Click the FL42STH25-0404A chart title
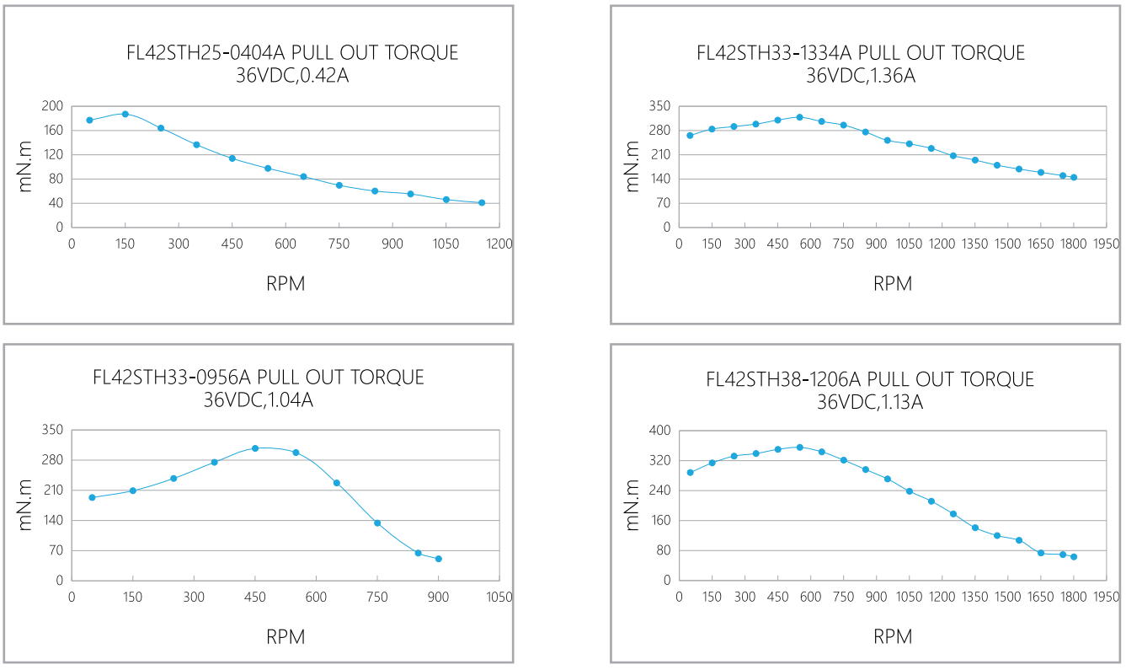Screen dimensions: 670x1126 pyautogui.click(x=291, y=53)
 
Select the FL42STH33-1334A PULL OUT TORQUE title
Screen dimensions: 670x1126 pyautogui.click(x=861, y=53)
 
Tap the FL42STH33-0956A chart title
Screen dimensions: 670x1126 pyautogui.click(x=259, y=377)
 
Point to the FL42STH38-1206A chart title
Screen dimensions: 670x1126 pyautogui.click(x=870, y=379)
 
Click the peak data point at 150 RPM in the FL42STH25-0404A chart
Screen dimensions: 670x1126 pyautogui.click(x=125, y=114)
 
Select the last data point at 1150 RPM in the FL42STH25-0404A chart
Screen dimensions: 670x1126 pyautogui.click(x=482, y=202)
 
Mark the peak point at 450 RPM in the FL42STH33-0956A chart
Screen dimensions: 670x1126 pyautogui.click(x=255, y=448)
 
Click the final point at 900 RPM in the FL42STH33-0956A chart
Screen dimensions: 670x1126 pyautogui.click(x=439, y=559)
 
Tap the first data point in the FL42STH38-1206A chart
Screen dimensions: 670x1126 pyautogui.click(x=691, y=472)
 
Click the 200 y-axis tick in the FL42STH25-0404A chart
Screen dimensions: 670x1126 pyautogui.click(x=53, y=106)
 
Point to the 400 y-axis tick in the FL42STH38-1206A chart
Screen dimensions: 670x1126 pyautogui.click(x=659, y=431)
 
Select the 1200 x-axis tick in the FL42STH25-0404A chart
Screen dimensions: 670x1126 pyautogui.click(x=499, y=244)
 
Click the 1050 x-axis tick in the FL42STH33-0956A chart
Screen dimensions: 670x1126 pyautogui.click(x=499, y=598)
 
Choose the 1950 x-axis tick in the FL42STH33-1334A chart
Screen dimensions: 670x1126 pyautogui.click(x=1106, y=244)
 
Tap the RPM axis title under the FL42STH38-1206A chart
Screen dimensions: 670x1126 pyautogui.click(x=893, y=636)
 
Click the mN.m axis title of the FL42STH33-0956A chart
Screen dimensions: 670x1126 pyautogui.click(x=26, y=505)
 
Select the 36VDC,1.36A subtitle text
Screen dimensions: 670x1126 pyautogui.click(x=861, y=76)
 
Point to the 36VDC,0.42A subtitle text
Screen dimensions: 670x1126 pyautogui.click(x=291, y=76)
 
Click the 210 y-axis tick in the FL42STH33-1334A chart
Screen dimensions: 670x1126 pyautogui.click(x=659, y=155)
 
